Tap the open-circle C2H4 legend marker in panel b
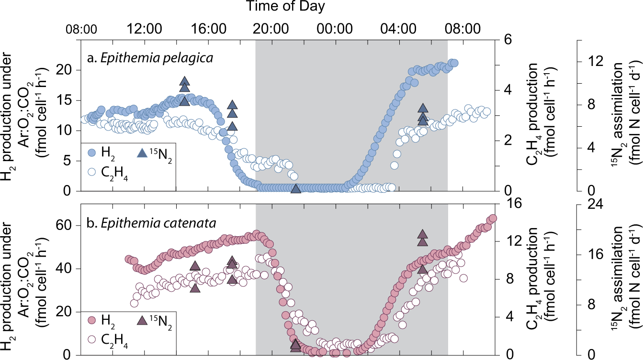[93, 341]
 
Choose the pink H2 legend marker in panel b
[93, 319]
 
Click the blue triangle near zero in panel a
[296, 188]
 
